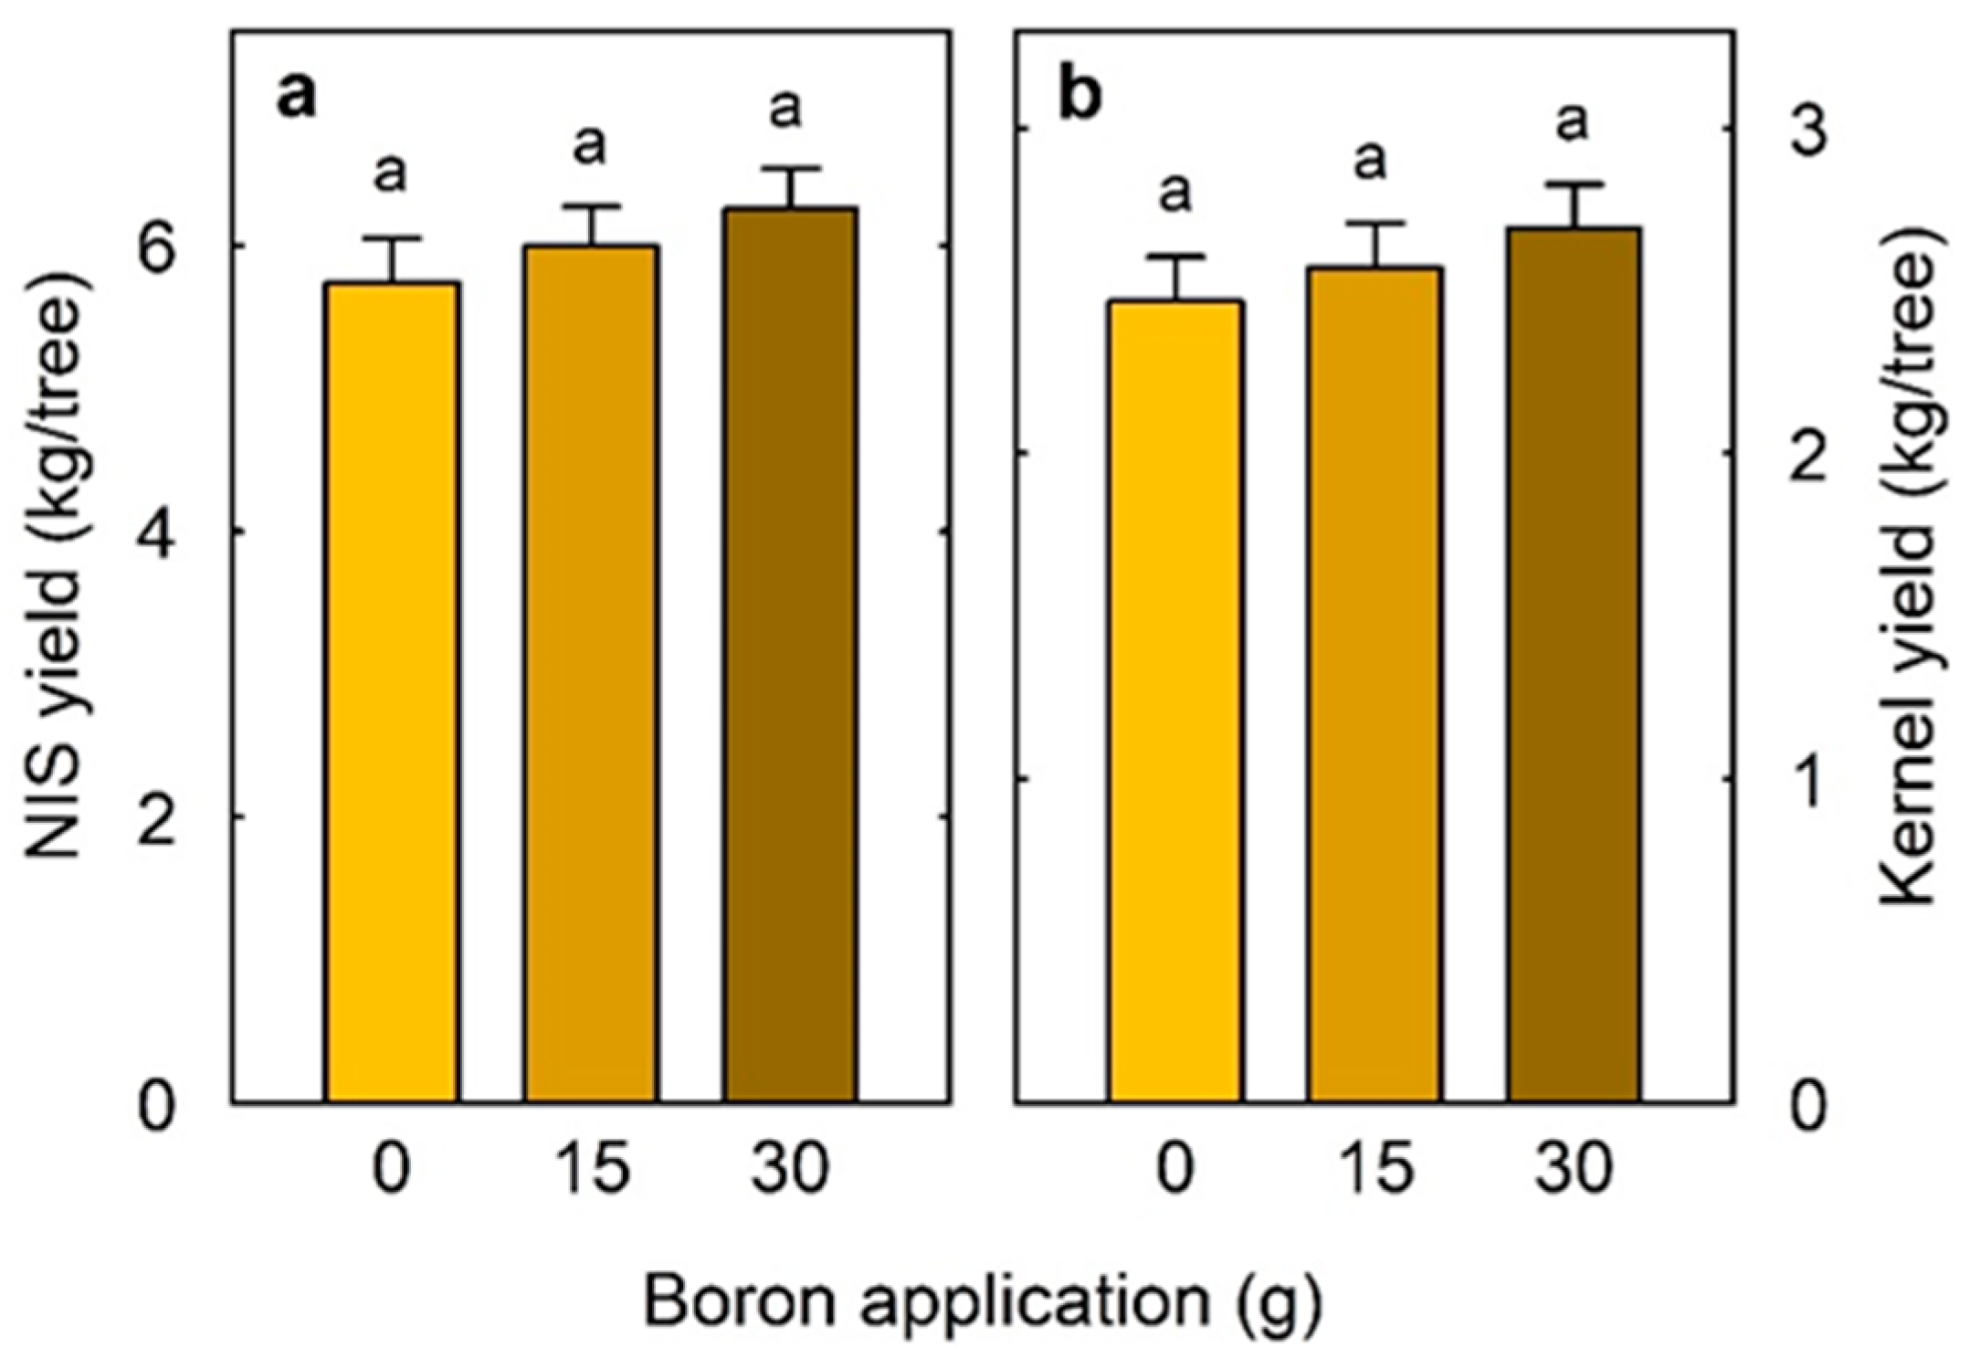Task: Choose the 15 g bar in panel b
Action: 1374,685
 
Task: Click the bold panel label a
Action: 296,97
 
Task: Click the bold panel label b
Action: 1080,97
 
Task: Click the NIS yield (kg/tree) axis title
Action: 60,566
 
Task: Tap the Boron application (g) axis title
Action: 982,1301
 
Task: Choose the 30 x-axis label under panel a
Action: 790,1169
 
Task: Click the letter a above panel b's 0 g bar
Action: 1175,193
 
